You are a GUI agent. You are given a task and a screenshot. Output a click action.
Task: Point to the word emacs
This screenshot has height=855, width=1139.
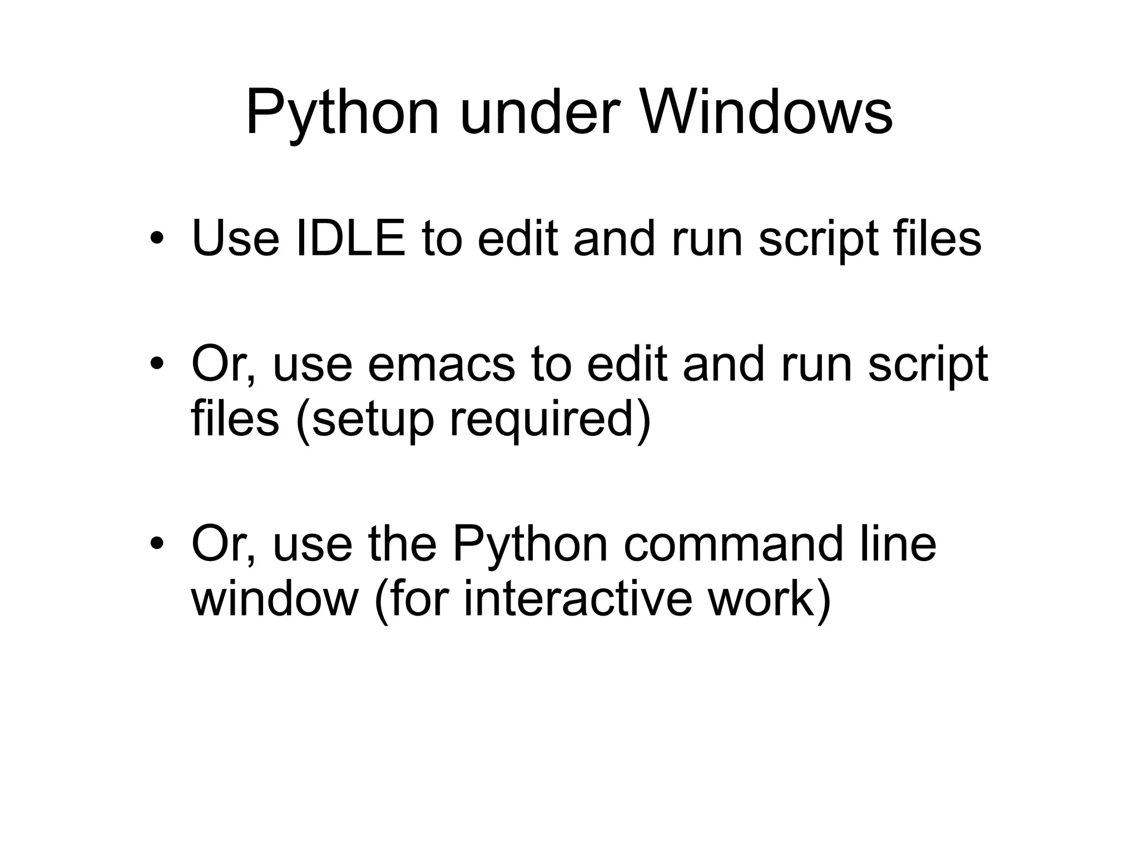point(442,364)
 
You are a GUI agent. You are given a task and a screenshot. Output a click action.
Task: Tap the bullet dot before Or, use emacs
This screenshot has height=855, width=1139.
point(157,364)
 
